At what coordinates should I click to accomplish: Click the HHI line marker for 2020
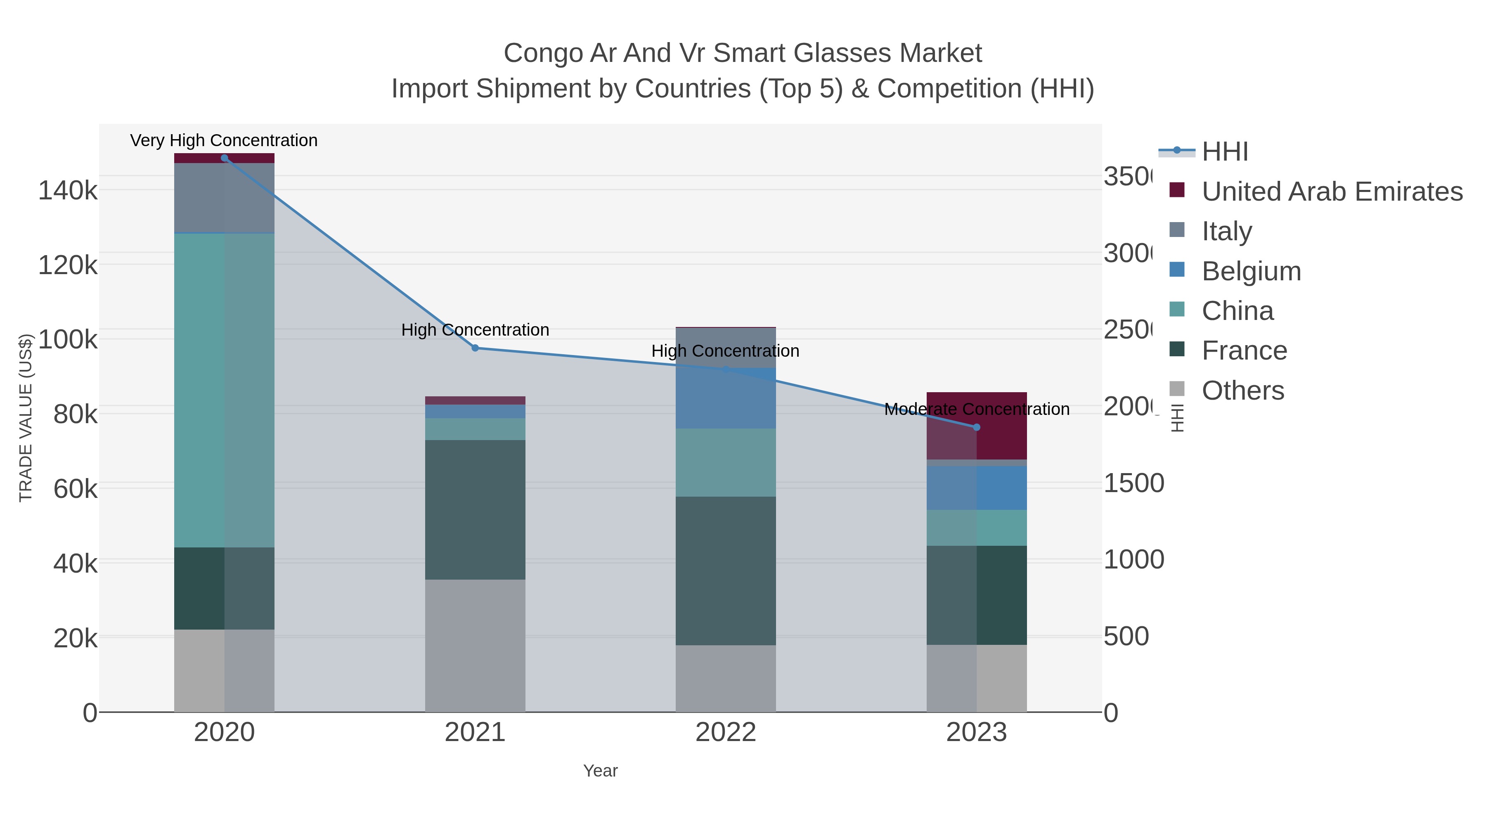pos(225,158)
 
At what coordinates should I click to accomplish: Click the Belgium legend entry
pos(1251,271)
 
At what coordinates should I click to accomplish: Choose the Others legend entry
pos(1242,391)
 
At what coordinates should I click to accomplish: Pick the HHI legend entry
pos(1225,152)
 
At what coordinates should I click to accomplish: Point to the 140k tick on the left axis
pos(68,190)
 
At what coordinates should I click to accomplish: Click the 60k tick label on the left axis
pos(75,489)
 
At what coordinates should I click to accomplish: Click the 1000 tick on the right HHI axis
pos(1133,560)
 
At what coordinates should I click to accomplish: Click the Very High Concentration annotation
pos(224,141)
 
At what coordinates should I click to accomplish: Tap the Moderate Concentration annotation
pos(977,409)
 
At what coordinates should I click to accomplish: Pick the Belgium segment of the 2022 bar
pos(726,398)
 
